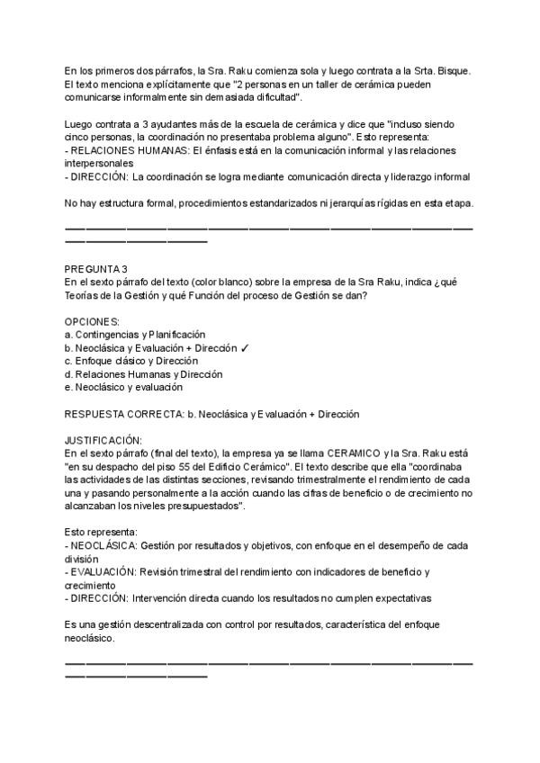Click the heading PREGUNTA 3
[x=95, y=269]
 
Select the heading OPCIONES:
[x=93, y=321]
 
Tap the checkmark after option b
[x=246, y=347]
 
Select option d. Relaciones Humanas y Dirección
[x=144, y=374]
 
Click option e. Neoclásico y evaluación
[x=123, y=387]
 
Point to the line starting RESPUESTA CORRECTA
[x=211, y=414]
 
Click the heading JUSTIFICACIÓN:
[x=103, y=440]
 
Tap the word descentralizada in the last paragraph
[x=175, y=624]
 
